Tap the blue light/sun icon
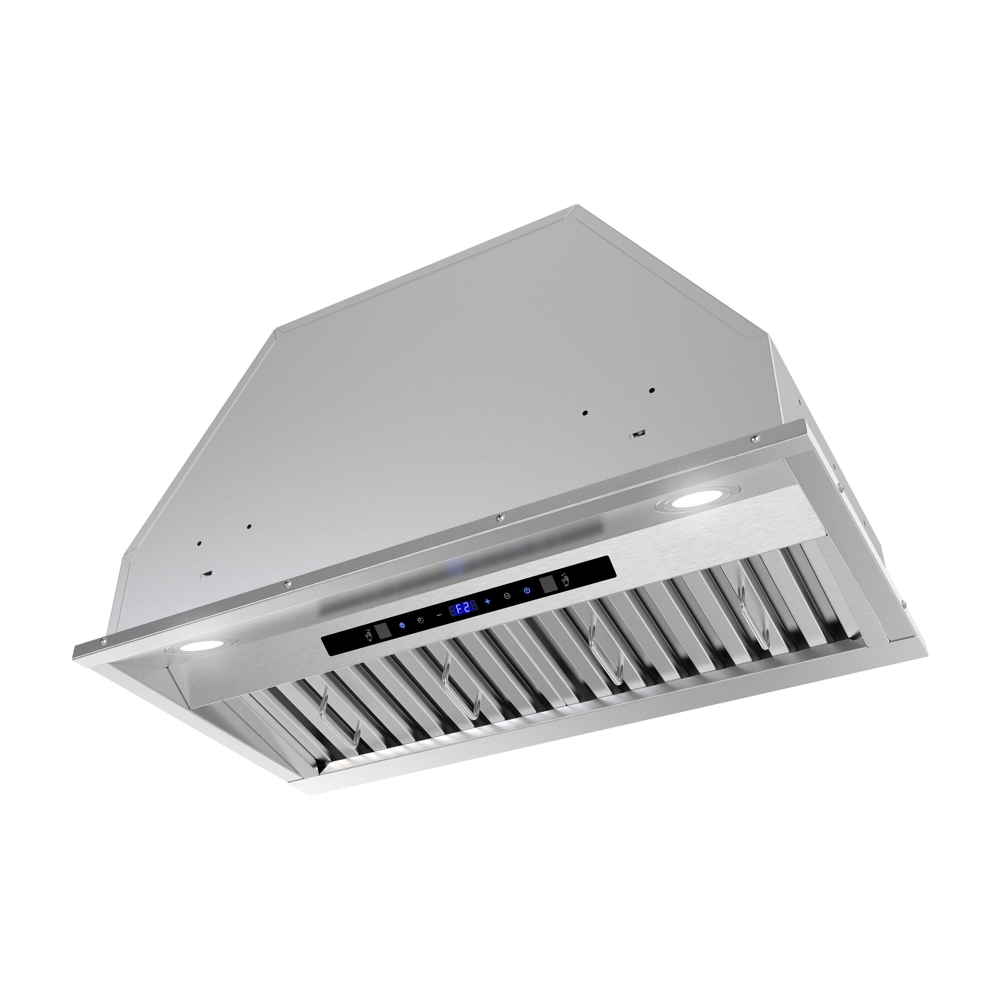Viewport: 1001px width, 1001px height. tap(403, 625)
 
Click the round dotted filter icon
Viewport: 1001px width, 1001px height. tap(507, 596)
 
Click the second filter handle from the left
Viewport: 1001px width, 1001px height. tap(463, 694)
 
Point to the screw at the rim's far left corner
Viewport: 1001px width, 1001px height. tap(106, 641)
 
